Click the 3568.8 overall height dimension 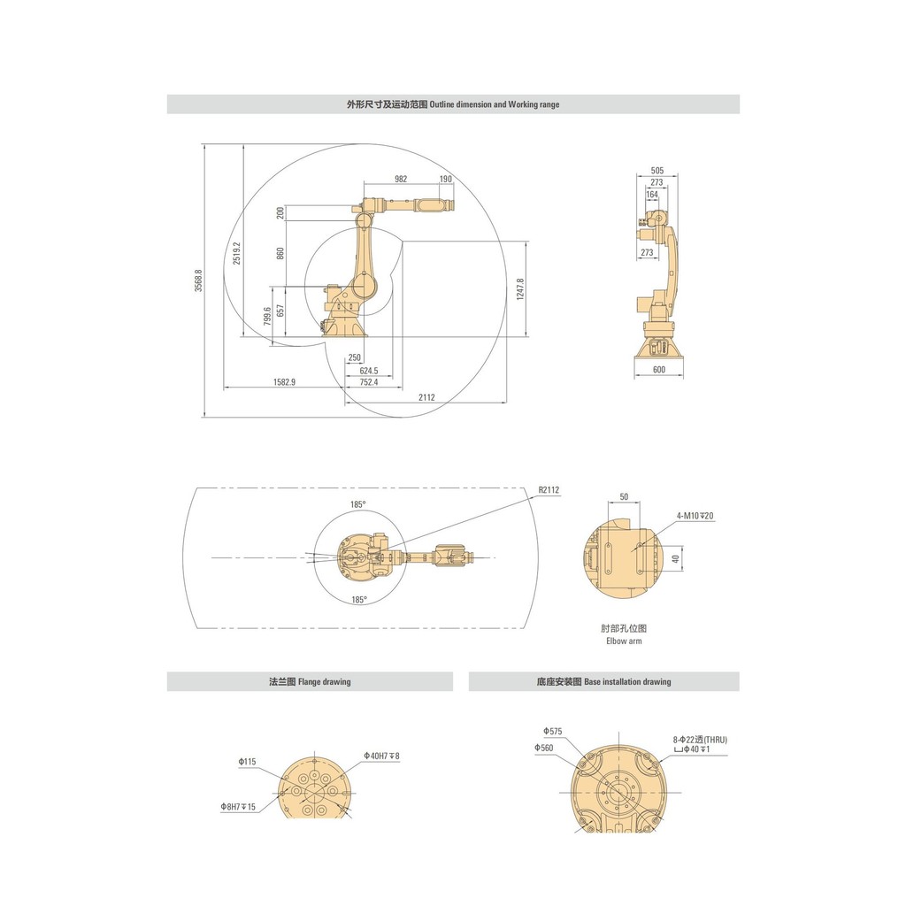pos(198,280)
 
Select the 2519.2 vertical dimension pos(237,253)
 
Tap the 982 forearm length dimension pos(401,179)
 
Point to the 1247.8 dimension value pos(520,289)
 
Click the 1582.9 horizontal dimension pos(284,382)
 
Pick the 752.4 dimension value pos(369,382)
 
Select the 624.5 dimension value pos(369,371)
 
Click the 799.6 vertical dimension pos(267,316)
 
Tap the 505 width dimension pos(657,171)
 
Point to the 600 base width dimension pos(658,370)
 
